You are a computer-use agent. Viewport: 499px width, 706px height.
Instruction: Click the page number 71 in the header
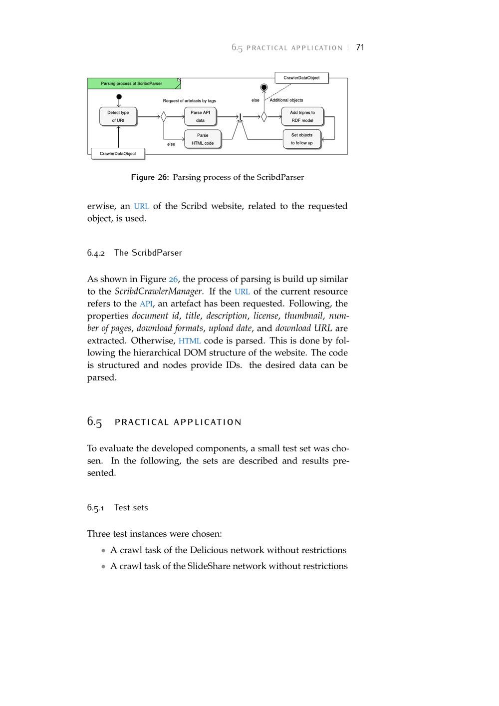pyautogui.click(x=360, y=47)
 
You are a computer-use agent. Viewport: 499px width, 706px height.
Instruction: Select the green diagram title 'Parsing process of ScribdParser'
pyautogui.click(x=132, y=83)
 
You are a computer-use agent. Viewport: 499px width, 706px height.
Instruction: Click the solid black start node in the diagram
pyautogui.click(x=119, y=97)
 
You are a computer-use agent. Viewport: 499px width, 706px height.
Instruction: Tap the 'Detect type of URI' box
pyautogui.click(x=118, y=116)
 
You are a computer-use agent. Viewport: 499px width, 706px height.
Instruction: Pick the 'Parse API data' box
pyautogui.click(x=200, y=116)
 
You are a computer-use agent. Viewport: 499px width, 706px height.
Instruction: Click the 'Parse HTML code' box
pyautogui.click(x=202, y=139)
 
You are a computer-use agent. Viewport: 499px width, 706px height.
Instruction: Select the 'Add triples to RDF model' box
pyautogui.click(x=302, y=116)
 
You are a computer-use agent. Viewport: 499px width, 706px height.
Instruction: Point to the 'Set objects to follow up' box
pyautogui.click(x=302, y=139)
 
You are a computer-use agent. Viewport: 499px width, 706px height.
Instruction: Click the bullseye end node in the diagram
pyautogui.click(x=264, y=88)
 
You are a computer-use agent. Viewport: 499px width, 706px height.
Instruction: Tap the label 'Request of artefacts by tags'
pyautogui.click(x=189, y=101)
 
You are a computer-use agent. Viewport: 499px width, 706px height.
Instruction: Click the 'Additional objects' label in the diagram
pyautogui.click(x=286, y=100)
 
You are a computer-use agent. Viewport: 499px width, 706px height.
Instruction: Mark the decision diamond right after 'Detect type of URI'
pyautogui.click(x=163, y=117)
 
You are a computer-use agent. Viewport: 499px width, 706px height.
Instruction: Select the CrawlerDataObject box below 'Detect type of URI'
pyautogui.click(x=118, y=153)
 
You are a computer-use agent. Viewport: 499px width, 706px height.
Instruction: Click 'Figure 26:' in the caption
pyautogui.click(x=150, y=177)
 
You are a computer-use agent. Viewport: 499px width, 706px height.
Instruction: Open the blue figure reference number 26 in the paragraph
pyautogui.click(x=173, y=280)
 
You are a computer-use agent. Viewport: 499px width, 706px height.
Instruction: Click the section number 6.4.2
pyautogui.click(x=96, y=253)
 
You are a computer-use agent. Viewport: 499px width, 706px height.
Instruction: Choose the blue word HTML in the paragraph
pyautogui.click(x=190, y=341)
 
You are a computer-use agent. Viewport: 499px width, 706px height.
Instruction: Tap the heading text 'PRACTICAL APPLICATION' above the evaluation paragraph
pyautogui.click(x=178, y=422)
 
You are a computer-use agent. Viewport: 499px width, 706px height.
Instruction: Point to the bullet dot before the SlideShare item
pyautogui.click(x=103, y=567)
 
